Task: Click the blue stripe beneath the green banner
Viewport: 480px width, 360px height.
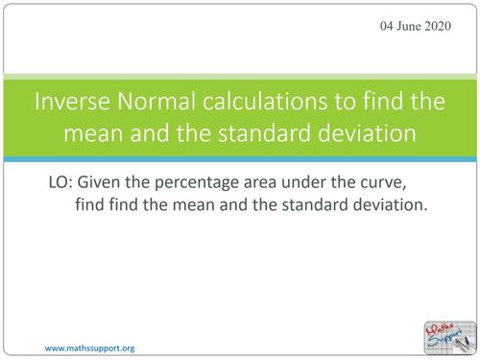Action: [240, 156]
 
